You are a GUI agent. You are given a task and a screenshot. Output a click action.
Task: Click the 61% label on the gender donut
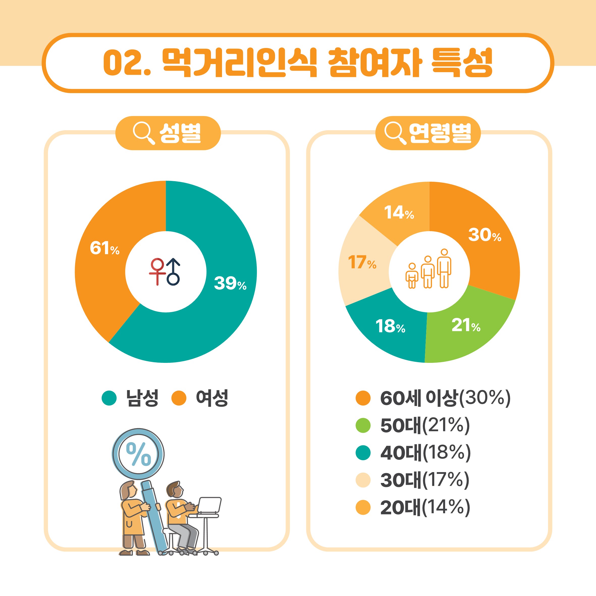[104, 248]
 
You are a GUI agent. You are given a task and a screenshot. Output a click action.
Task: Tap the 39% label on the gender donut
[230, 283]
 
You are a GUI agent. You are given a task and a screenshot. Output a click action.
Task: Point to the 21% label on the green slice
[466, 325]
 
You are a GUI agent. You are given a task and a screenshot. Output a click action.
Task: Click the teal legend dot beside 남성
[109, 398]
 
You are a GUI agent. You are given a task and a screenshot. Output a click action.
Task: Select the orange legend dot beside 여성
[179, 398]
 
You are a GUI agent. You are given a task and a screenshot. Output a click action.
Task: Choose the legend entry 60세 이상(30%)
[445, 398]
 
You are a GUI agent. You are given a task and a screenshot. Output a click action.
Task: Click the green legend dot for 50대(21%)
[363, 425]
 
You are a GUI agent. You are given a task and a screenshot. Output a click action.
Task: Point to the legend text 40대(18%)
[426, 453]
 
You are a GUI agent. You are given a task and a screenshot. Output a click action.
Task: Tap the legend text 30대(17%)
[425, 480]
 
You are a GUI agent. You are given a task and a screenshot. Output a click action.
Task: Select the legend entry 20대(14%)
[425, 507]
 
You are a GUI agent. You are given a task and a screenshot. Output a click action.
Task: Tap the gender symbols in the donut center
[165, 272]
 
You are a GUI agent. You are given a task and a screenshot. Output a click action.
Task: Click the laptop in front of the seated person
[209, 505]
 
